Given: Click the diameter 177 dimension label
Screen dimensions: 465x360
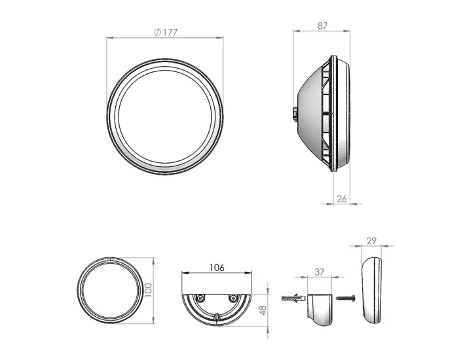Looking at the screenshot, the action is [166, 32].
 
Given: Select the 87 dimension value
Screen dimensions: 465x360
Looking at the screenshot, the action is [322, 26].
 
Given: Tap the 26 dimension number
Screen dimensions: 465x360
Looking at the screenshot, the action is [342, 199].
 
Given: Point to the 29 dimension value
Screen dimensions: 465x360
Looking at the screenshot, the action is [371, 241].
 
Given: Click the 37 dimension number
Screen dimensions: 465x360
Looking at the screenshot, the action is [319, 272].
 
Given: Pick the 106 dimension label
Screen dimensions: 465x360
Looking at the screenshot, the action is [217, 268].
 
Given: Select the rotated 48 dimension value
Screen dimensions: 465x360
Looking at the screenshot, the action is [263, 310].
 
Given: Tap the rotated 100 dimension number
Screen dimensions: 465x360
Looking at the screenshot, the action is [148, 290].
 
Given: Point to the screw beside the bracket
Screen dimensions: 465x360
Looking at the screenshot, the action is [346, 297].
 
